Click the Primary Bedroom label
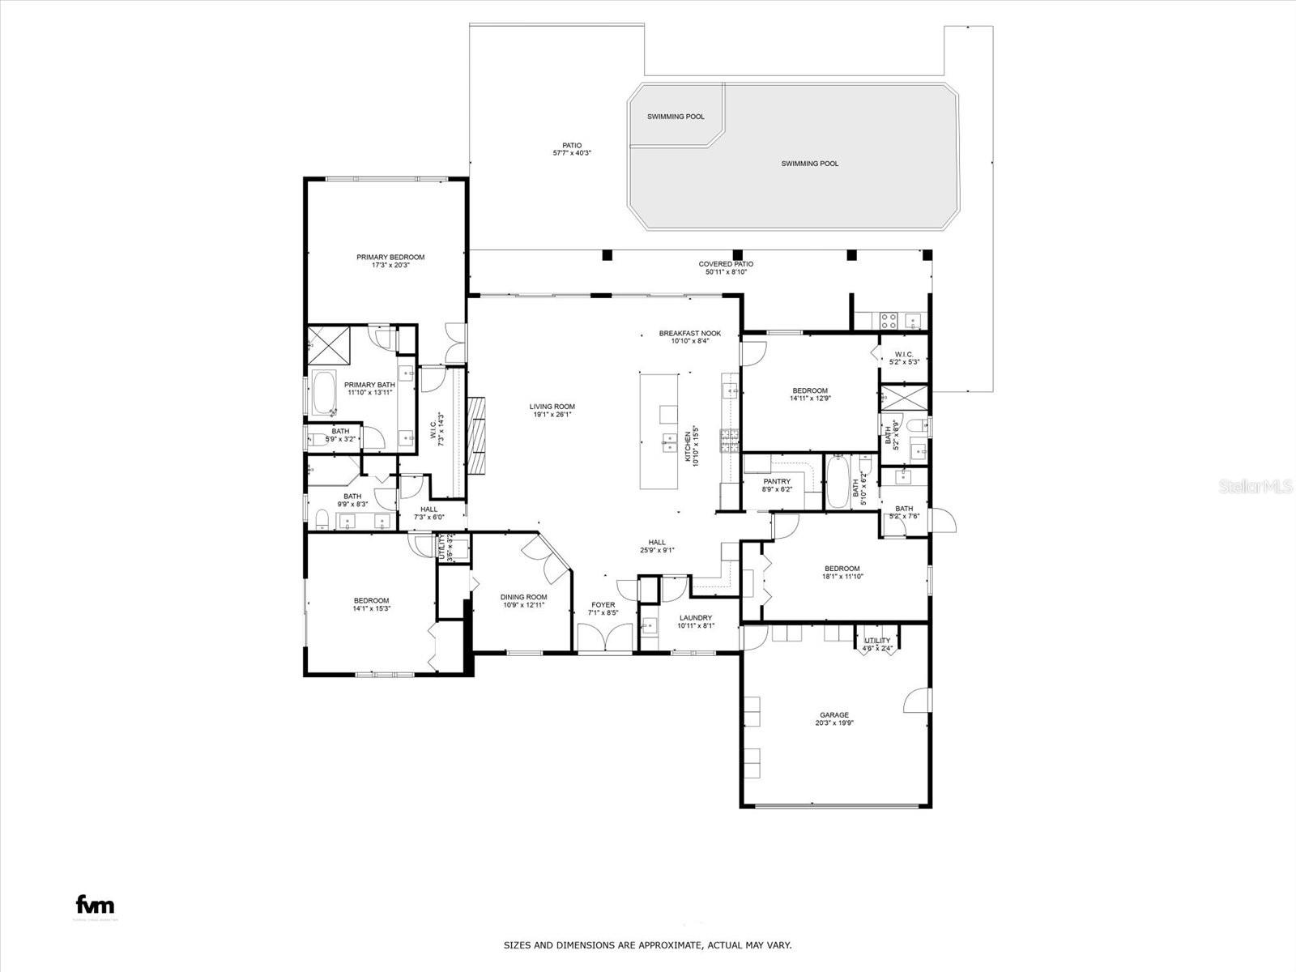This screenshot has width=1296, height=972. (390, 258)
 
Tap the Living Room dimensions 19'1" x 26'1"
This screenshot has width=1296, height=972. (552, 415)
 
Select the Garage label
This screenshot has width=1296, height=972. (834, 715)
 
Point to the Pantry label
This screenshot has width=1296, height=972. (776, 482)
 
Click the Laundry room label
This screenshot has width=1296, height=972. (695, 617)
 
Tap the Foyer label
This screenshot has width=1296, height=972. (603, 605)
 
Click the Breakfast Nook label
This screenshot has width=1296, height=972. (689, 334)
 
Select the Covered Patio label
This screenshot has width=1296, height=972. (726, 264)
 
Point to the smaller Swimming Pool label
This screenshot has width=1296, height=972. (676, 117)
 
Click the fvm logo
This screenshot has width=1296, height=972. (95, 905)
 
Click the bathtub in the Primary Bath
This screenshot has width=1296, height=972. (325, 393)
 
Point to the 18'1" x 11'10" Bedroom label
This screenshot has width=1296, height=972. (842, 569)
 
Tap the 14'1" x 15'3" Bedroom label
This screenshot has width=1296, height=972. (371, 601)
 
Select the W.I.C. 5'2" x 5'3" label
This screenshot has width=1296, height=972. (904, 354)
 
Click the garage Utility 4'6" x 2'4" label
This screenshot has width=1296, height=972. (877, 641)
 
